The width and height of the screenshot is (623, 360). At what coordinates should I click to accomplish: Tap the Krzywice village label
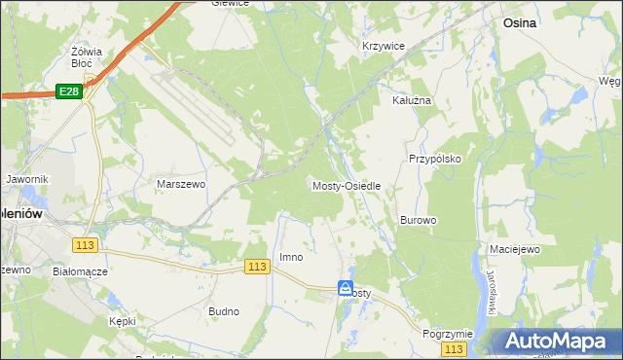pos(383,47)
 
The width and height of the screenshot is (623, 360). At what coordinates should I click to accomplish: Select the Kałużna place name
pos(411,100)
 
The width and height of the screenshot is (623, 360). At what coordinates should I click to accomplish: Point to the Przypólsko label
pos(434,158)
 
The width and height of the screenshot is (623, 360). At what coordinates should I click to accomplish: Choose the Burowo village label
pos(418,221)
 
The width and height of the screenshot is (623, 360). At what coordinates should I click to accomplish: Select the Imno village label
pos(291,258)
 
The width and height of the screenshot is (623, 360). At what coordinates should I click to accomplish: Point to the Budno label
pos(224,311)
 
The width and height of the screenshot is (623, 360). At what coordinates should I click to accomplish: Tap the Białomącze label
pos(80,272)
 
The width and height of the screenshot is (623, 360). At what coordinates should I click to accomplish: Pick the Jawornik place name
pos(26,180)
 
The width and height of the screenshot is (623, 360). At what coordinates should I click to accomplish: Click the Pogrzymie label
pos(448,334)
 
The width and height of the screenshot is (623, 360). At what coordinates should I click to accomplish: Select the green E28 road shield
pos(67,90)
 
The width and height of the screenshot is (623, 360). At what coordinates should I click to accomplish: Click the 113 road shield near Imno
pos(257,267)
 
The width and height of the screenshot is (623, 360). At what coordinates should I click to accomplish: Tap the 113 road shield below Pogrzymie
pos(453,348)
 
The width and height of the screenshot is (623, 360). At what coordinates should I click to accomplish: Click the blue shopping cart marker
pos(347,288)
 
